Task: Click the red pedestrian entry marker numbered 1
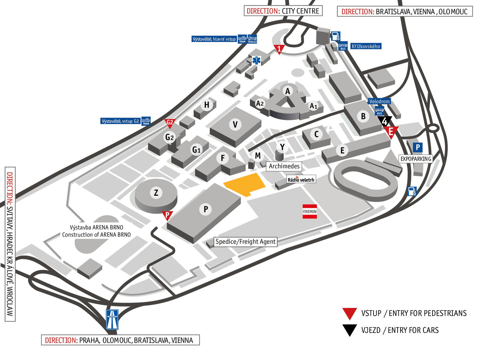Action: click(278, 49)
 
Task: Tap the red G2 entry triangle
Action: click(170, 123)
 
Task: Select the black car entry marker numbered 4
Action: click(385, 121)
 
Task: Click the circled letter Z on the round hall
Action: click(156, 193)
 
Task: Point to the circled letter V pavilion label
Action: click(235, 124)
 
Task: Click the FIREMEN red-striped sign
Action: click(310, 212)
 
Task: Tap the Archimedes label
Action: click(284, 166)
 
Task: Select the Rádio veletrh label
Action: click(301, 180)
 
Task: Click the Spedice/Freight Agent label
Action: click(245, 242)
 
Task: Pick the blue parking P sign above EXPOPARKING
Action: click(417, 148)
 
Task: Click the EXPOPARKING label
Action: click(416, 159)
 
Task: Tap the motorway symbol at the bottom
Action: click(112, 319)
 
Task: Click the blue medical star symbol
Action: click(256, 60)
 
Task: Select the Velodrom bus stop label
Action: click(379, 101)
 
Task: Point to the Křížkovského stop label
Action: click(366, 46)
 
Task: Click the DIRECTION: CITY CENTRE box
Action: click(283, 11)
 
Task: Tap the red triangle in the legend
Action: click(349, 313)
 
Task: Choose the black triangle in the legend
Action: click(349, 330)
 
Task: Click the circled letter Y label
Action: click(282, 147)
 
